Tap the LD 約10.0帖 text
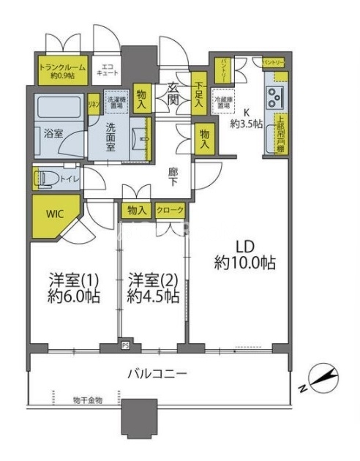245,252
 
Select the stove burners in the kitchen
277,95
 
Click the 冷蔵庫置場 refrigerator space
222,102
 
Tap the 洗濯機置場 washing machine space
116,102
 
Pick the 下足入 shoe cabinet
199,94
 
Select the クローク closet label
170,210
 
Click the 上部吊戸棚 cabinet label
280,135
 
